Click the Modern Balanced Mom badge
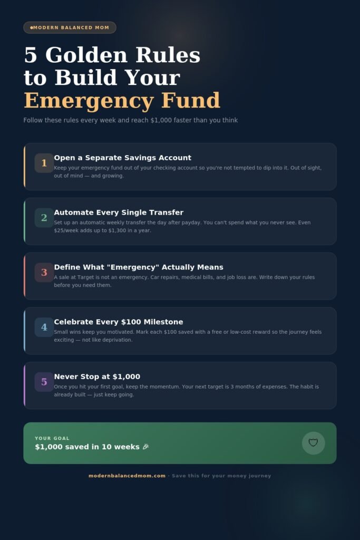70,27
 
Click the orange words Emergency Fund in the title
122,100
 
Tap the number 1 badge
44,163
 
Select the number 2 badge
44,218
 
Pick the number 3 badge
44,273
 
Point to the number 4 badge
44,327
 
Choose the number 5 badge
44,382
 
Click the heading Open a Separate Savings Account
122,158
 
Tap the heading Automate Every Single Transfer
119,213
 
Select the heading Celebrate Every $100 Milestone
119,322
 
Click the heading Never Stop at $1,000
97,377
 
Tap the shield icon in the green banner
313,443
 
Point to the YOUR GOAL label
52,438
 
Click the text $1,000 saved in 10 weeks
87,447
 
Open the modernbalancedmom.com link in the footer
127,476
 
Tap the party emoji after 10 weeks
145,447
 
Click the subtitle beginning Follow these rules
130,120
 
